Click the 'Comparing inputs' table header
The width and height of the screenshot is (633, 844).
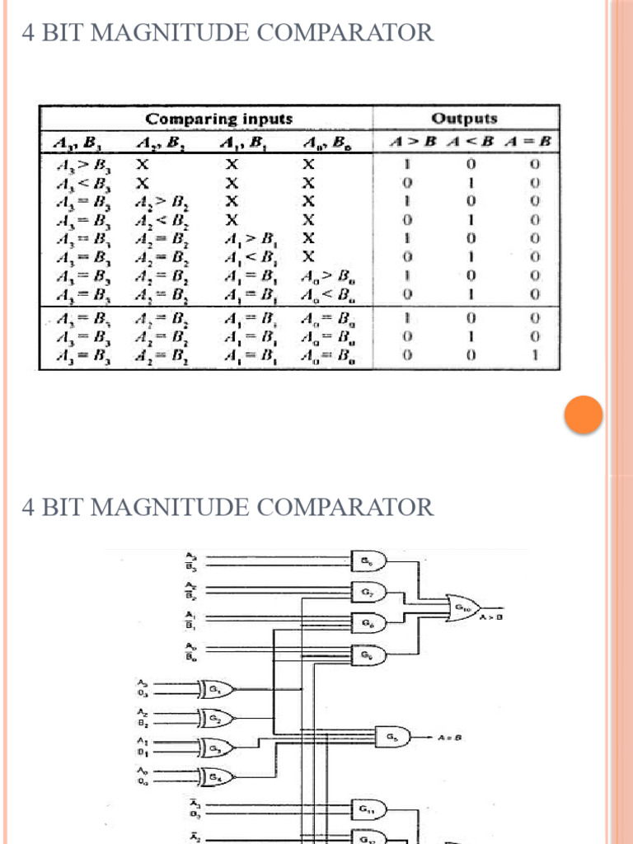click(219, 119)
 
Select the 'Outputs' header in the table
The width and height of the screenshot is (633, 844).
click(466, 119)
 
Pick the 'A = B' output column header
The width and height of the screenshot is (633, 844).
click(534, 143)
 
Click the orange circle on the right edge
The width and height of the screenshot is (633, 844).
click(584, 415)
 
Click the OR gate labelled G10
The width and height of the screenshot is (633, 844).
click(463, 610)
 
